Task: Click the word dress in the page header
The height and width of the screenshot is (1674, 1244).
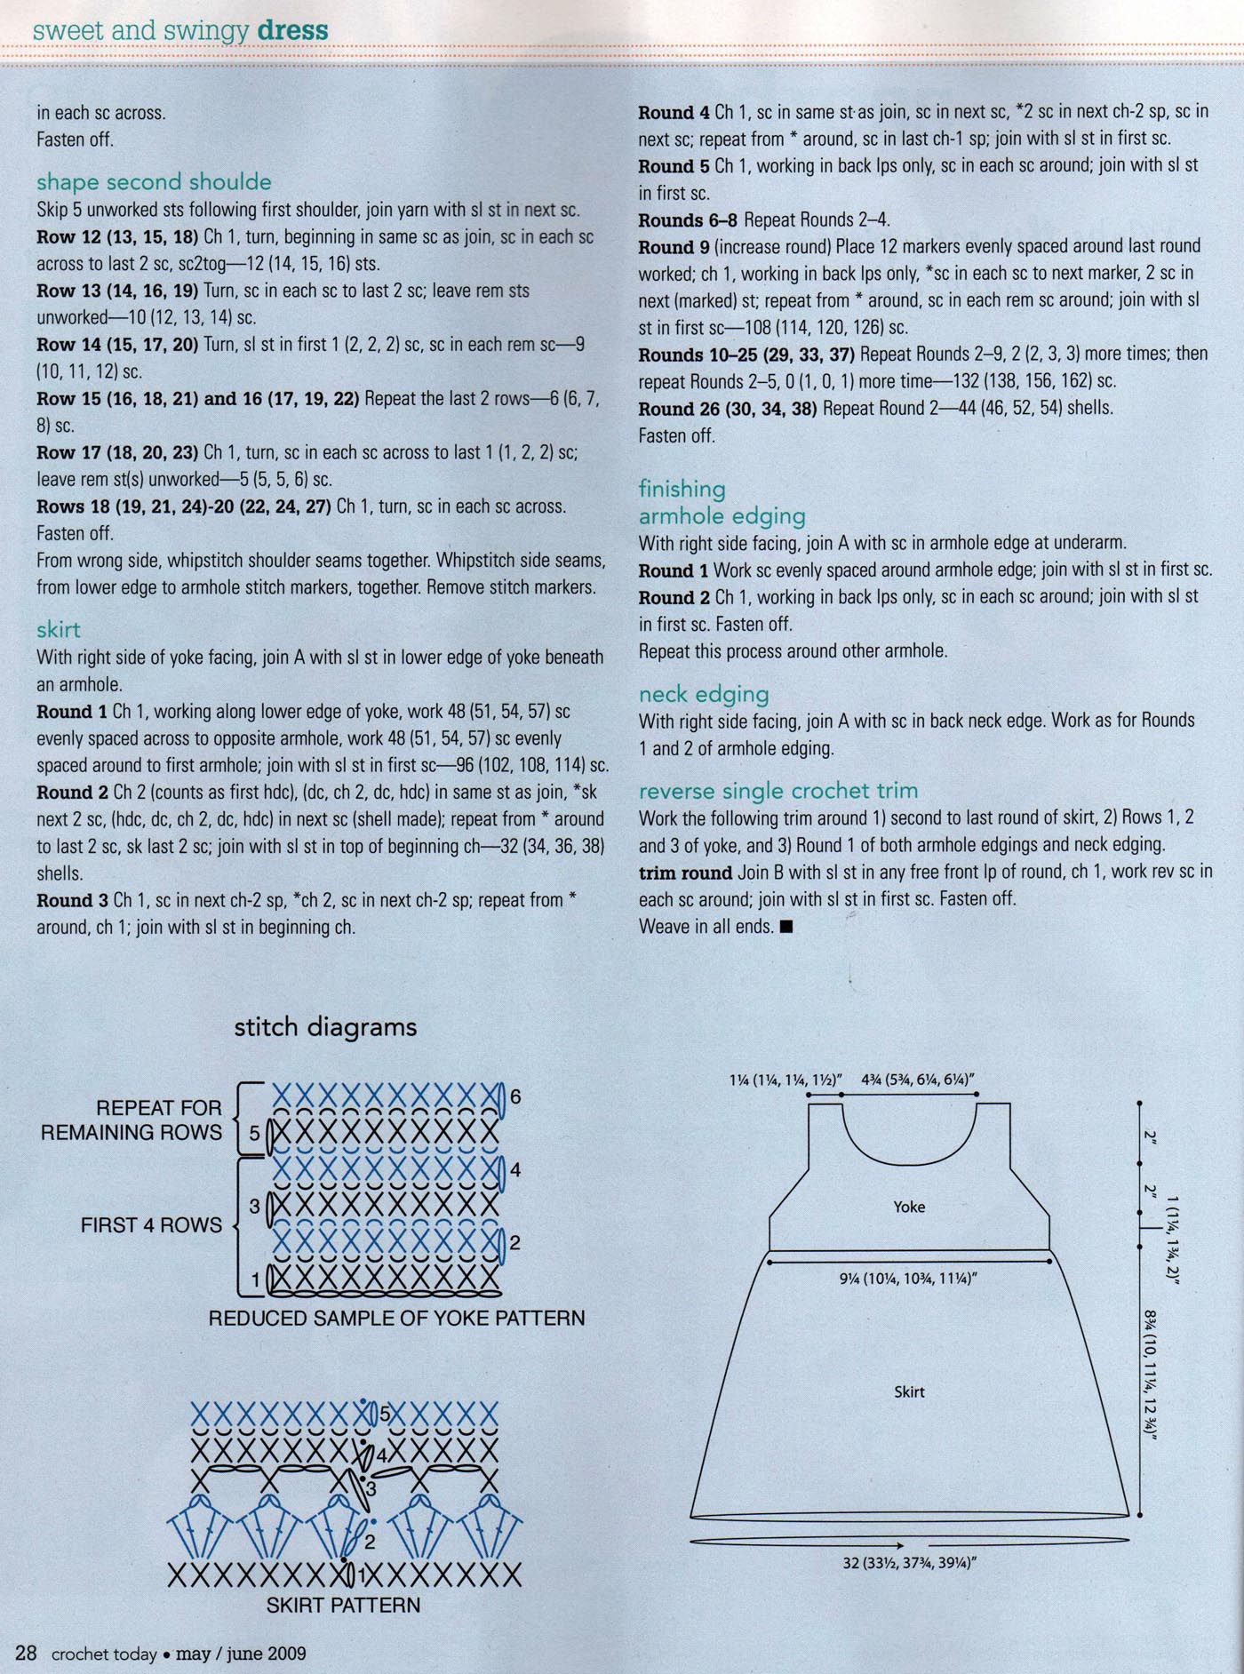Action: (x=292, y=31)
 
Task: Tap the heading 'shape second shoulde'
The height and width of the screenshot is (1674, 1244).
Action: (x=154, y=182)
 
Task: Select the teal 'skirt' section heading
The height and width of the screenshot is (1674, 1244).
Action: (x=59, y=630)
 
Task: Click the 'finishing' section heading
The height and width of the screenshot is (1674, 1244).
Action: (x=682, y=489)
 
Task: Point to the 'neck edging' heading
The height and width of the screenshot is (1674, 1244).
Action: (x=704, y=694)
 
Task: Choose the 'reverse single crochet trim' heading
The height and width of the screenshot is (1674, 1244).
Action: (x=778, y=791)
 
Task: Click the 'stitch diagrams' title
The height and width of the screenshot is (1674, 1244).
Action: (x=325, y=1027)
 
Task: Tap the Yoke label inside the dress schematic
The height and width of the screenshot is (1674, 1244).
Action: (x=909, y=1207)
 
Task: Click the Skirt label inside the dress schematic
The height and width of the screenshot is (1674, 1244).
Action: (x=909, y=1391)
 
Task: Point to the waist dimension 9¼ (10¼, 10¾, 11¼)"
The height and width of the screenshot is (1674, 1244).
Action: (x=908, y=1279)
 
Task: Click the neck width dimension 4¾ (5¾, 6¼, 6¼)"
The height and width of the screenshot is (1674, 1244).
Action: (x=919, y=1080)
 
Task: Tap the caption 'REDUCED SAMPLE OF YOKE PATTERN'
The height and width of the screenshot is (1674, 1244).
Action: (x=396, y=1318)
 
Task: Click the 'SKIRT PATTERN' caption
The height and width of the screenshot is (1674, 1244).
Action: (x=343, y=1605)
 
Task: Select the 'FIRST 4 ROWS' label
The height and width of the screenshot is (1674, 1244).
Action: (x=151, y=1225)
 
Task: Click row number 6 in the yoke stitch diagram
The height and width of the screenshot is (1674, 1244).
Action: (x=515, y=1097)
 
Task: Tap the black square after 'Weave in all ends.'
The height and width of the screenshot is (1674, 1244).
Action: (x=785, y=927)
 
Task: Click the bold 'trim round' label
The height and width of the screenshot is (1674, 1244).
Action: (x=685, y=872)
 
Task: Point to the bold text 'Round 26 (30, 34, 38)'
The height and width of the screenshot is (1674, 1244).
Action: (x=729, y=409)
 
